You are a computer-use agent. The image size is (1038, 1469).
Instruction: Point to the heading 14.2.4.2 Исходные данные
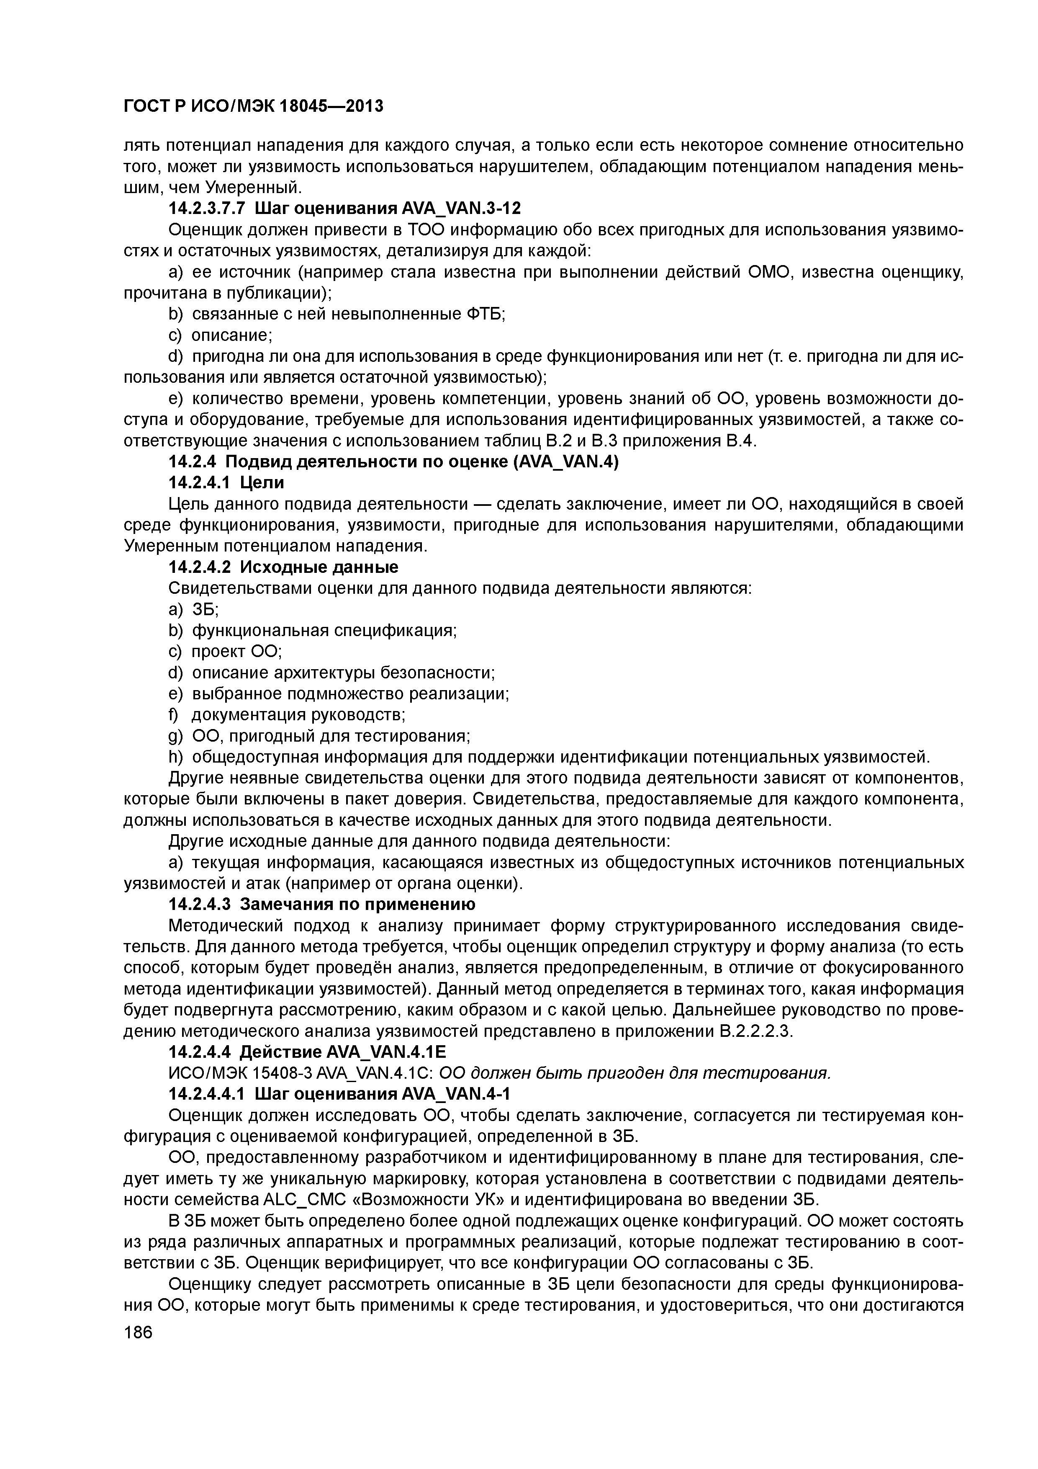[x=283, y=567]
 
